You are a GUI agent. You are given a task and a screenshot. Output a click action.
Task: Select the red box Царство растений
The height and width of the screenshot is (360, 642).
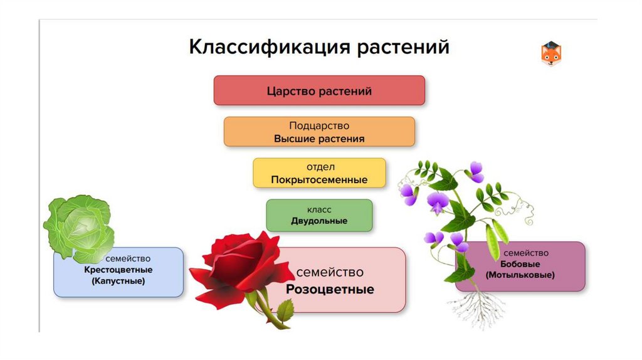[x=319, y=91]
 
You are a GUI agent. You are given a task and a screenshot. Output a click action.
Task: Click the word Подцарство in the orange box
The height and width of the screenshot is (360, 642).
[x=319, y=126]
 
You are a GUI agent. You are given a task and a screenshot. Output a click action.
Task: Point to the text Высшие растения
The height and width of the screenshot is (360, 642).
[x=319, y=139]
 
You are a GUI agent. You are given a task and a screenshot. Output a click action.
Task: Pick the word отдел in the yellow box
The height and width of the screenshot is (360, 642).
[x=320, y=167]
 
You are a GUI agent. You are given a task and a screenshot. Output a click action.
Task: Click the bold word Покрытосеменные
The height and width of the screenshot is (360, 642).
[x=319, y=180]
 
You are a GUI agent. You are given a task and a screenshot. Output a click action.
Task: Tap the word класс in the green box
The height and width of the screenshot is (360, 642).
[x=319, y=209]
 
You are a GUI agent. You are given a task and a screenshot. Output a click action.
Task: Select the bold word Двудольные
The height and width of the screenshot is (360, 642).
[x=319, y=221]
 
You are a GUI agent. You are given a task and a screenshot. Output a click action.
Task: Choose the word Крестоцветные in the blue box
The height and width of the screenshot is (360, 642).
[x=118, y=270]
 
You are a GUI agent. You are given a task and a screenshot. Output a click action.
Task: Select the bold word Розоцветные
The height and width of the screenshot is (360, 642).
[x=330, y=290]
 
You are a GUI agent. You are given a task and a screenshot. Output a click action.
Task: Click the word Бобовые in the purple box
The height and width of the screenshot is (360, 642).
[x=519, y=264]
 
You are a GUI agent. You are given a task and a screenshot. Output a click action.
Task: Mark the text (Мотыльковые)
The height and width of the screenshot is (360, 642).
[x=520, y=275]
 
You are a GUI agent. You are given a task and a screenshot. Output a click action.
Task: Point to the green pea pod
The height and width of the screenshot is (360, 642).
[x=493, y=241]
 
